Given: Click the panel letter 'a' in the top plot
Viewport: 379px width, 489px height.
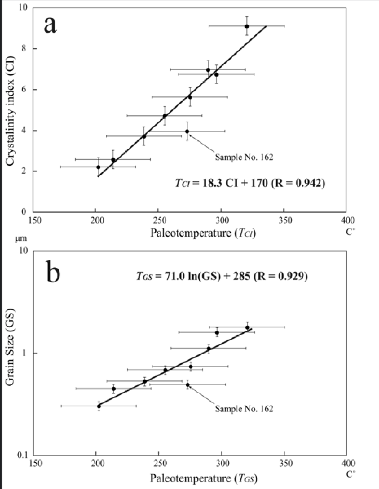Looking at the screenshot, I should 50,25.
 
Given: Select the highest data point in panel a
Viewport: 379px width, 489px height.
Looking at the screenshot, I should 247,26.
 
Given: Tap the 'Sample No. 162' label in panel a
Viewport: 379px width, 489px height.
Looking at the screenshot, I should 244,157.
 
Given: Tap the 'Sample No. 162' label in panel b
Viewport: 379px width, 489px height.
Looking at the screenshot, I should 244,409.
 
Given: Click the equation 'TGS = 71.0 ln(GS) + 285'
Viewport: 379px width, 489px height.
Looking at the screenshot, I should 222,276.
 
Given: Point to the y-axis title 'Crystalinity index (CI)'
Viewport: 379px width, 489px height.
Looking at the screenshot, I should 10,110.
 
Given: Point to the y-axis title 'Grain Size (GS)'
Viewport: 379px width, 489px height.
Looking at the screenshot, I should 10,347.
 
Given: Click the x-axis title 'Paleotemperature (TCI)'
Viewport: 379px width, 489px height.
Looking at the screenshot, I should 203,233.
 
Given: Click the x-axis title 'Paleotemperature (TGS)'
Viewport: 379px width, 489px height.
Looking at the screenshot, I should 203,478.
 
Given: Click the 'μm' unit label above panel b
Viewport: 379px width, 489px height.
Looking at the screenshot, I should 21,238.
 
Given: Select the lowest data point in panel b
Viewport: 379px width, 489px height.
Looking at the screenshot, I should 99,406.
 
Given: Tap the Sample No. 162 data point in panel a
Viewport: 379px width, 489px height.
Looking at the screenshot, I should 187,131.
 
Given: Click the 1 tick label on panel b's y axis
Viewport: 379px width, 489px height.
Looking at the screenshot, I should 25,353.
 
